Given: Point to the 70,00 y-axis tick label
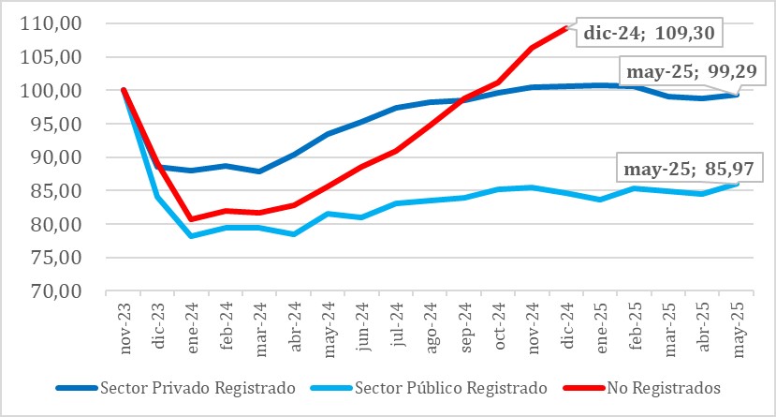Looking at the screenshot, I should (x=58, y=291).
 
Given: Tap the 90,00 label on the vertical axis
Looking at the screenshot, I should (x=58, y=157).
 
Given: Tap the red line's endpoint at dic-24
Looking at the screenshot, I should (x=566, y=28).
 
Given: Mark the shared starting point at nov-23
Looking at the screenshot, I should (x=124, y=90).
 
